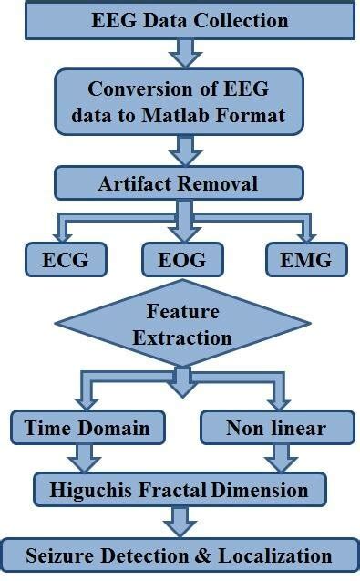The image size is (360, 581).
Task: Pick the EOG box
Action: click(x=183, y=259)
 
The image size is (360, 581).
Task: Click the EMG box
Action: click(x=306, y=259)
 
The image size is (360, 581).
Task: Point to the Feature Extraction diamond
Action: click(x=182, y=325)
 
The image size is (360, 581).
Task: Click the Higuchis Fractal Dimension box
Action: click(x=180, y=490)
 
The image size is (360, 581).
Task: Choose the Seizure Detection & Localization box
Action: click(x=179, y=555)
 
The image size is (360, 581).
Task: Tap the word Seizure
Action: click(x=60, y=555)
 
